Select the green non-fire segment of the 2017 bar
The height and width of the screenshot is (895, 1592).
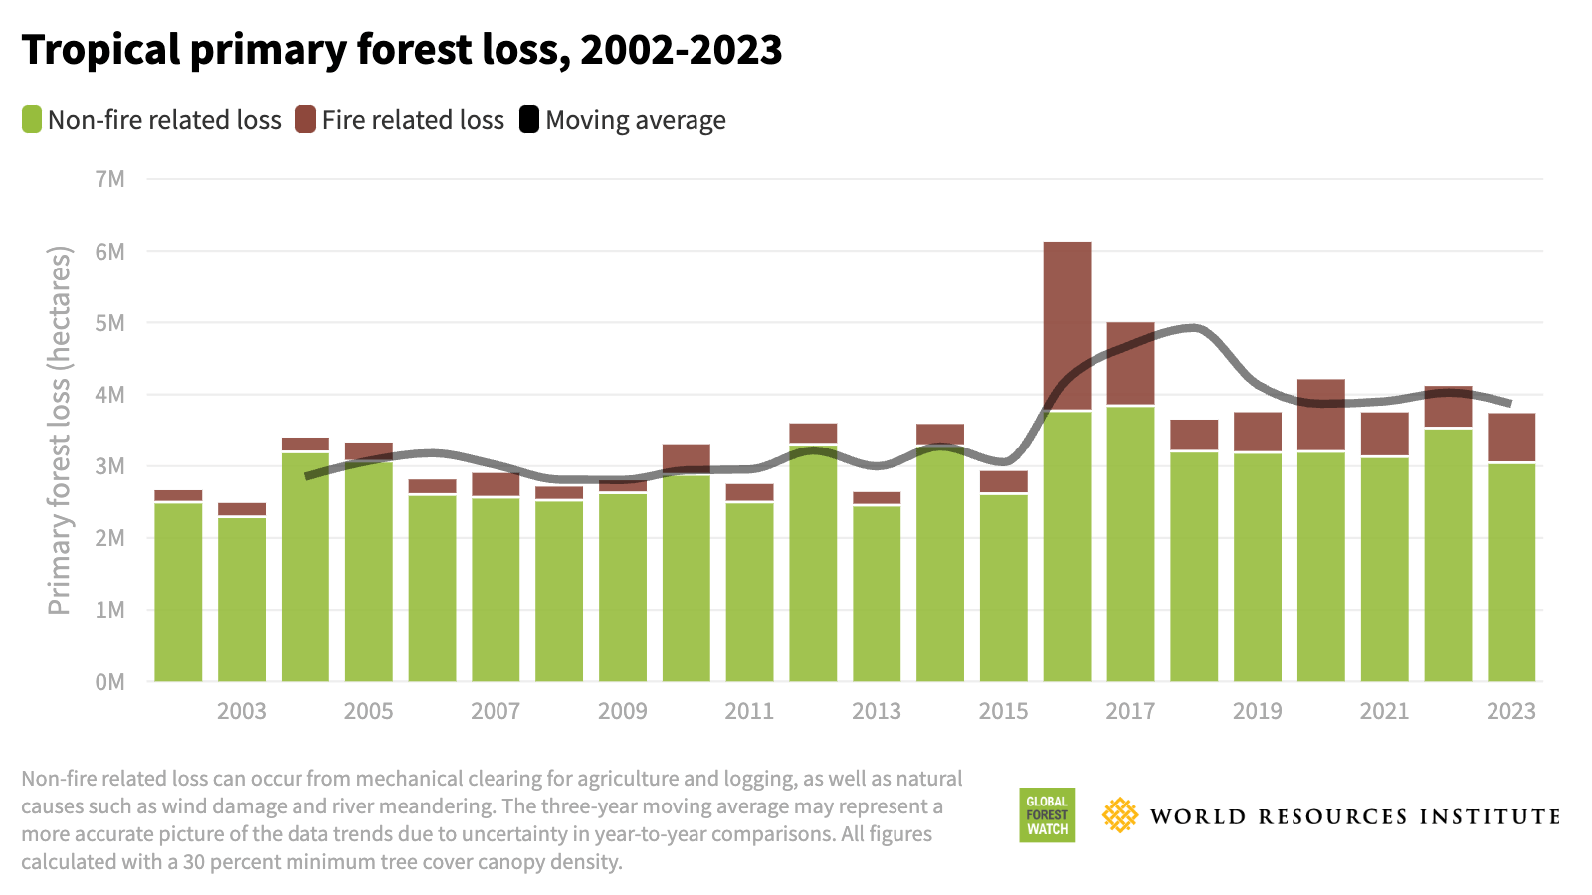(1130, 547)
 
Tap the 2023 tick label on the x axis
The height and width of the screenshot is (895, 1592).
(1510, 711)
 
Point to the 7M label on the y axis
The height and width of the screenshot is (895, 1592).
(110, 179)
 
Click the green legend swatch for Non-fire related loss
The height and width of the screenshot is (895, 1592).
(32, 120)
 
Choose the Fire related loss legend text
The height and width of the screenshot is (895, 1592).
(413, 120)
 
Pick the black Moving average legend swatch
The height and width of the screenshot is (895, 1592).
(529, 120)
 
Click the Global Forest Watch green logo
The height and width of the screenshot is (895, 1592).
(1046, 815)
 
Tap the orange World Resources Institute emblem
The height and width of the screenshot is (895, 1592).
(1120, 815)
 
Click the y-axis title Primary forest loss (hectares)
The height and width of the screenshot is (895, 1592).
(60, 430)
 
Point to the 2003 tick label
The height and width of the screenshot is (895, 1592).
(242, 711)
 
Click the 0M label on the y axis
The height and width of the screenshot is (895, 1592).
(110, 682)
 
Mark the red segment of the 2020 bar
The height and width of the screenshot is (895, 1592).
(1320, 415)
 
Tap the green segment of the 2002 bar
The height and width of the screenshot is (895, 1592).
(178, 592)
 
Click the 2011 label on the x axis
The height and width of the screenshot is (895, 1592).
(749, 711)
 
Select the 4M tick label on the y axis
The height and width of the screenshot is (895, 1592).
(110, 395)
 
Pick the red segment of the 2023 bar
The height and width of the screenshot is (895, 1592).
(1510, 438)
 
